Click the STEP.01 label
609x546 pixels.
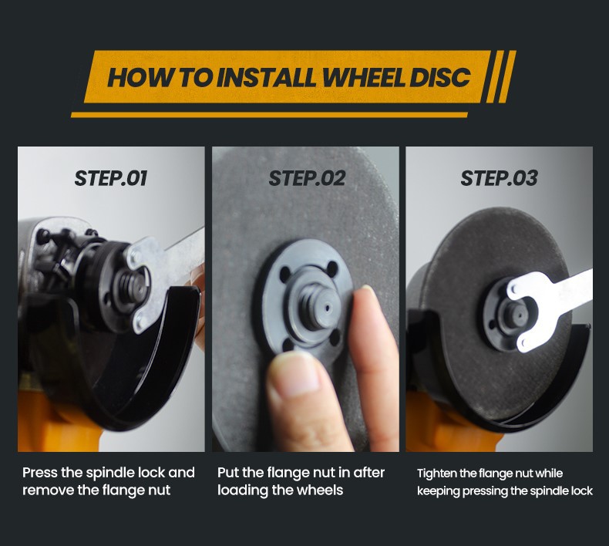pos(111,178)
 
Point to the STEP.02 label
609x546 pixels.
pos(307,178)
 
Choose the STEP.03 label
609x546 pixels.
pos(499,178)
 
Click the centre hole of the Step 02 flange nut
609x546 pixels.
pos(327,308)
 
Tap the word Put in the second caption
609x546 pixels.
pos(227,473)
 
